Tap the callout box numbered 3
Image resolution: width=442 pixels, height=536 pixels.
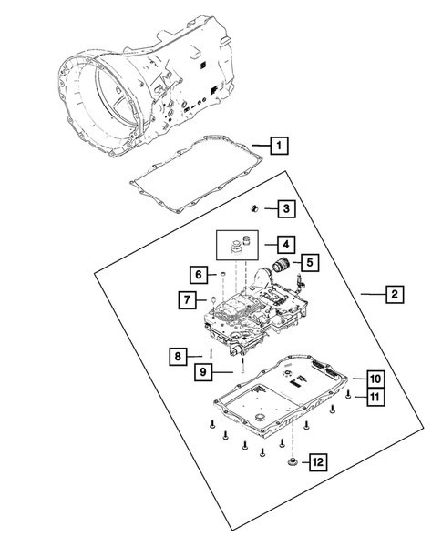coord(285,209)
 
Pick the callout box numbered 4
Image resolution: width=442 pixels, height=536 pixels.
coord(285,244)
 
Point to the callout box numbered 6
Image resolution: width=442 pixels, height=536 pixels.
coord(197,274)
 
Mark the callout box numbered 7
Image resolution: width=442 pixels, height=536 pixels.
coord(185,299)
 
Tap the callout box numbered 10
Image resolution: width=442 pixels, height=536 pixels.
coord(375,378)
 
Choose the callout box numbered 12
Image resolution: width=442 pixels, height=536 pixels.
coord(315,464)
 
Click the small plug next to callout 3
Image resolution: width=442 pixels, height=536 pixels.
coord(258,209)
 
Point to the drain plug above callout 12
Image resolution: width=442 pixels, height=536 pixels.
coord(292,464)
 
